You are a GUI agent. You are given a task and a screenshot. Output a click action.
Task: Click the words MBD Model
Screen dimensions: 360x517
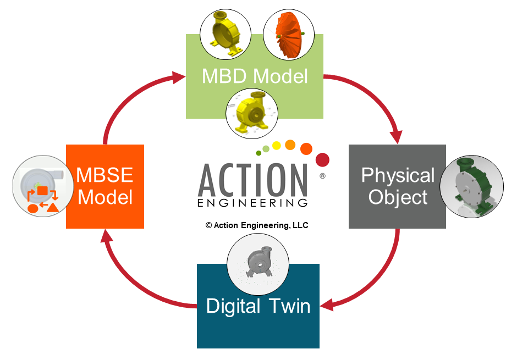click(255, 76)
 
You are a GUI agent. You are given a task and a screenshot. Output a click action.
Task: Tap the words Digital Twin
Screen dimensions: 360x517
click(258, 306)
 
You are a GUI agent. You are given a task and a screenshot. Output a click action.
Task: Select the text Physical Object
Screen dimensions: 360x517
click(398, 186)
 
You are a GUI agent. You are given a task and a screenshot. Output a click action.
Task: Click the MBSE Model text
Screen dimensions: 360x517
click(105, 186)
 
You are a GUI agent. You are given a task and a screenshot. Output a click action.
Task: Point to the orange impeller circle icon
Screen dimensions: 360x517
click(288, 35)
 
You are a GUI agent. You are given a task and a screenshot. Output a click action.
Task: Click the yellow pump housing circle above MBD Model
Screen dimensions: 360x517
click(224, 35)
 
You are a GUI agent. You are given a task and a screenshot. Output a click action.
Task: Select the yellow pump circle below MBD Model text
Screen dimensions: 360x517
click(252, 114)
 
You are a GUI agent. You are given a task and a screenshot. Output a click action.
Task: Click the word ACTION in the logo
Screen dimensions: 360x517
click(252, 179)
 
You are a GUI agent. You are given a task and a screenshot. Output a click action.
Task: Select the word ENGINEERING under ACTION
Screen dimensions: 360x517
click(252, 203)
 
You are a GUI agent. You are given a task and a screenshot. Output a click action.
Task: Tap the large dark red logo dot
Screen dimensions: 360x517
click(323, 159)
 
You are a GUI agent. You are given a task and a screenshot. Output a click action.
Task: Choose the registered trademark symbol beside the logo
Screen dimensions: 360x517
click(322, 177)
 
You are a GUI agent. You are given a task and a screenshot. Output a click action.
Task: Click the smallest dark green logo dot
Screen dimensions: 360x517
click(258, 153)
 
